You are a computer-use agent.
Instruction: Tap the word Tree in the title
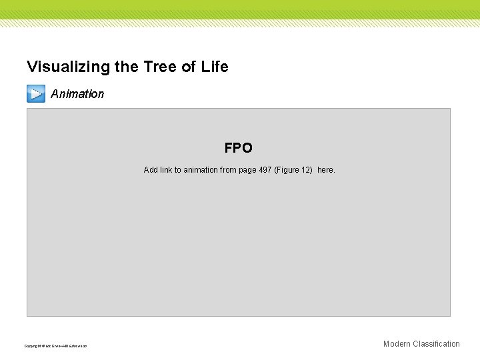154,67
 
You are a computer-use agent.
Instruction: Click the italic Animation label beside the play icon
77,94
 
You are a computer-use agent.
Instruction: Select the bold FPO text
238,148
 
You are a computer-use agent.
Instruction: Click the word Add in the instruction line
151,170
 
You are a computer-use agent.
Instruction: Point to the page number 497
265,170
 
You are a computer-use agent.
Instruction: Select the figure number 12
307,170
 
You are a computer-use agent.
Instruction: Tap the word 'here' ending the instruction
326,170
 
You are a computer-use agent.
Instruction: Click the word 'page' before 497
247,170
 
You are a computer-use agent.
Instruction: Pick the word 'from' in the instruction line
228,170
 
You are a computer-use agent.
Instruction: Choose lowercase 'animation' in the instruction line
201,170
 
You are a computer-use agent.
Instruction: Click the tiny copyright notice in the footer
55,346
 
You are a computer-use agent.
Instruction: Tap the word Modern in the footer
397,344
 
